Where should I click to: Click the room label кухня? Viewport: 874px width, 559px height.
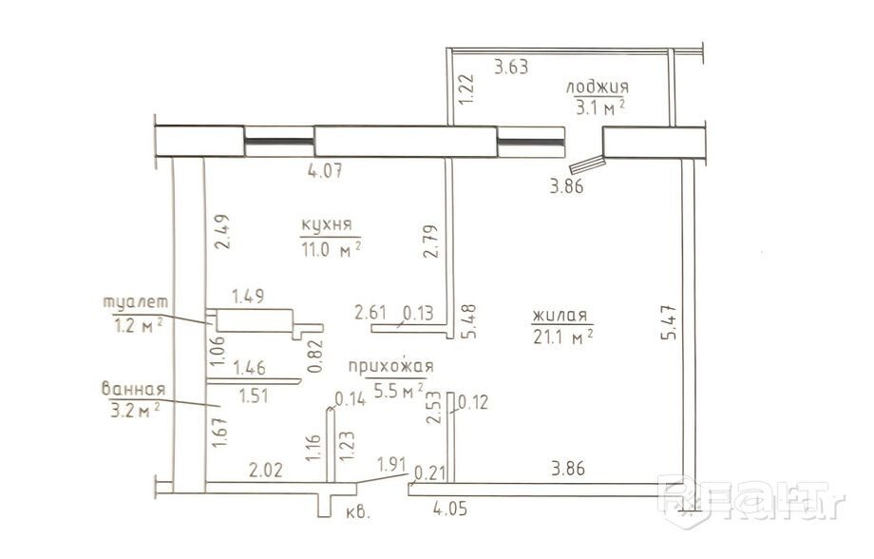click(x=327, y=224)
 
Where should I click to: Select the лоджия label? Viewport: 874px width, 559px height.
click(x=598, y=87)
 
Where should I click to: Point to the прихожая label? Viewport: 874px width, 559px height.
click(x=390, y=367)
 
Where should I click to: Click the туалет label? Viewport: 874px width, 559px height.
click(x=136, y=301)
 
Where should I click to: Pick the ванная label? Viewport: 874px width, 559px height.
click(x=133, y=388)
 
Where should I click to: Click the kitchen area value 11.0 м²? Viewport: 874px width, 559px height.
click(x=332, y=249)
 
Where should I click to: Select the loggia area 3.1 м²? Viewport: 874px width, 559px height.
click(x=599, y=106)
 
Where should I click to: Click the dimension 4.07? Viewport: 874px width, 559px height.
click(x=326, y=170)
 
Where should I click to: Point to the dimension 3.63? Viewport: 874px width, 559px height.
click(x=511, y=67)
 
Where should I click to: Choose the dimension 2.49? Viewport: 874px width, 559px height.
click(x=221, y=232)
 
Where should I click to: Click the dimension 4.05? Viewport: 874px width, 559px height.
click(x=450, y=509)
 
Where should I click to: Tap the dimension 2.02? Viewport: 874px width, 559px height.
click(x=266, y=470)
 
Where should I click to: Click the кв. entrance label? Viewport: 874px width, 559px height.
click(x=358, y=512)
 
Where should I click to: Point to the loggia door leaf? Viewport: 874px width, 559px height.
click(x=587, y=164)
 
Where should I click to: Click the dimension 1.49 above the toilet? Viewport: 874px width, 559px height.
click(x=248, y=297)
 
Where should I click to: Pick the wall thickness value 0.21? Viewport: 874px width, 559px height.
click(x=430, y=473)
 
